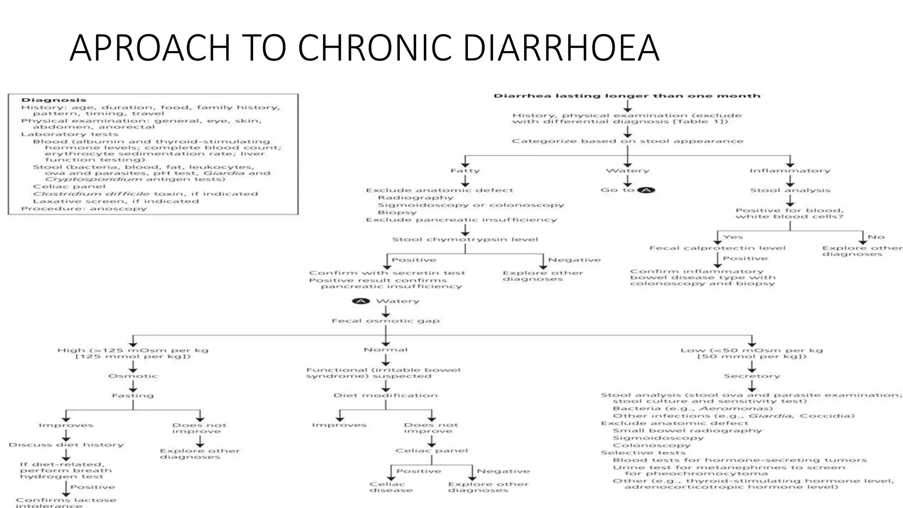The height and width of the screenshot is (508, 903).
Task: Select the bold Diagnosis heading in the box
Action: click(x=54, y=100)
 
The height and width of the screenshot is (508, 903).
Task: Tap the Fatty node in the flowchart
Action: click(x=465, y=171)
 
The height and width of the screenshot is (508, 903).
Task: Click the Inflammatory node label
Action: click(x=790, y=171)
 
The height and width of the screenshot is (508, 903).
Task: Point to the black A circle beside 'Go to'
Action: click(x=646, y=190)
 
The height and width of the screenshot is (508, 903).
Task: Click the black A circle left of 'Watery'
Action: click(x=361, y=301)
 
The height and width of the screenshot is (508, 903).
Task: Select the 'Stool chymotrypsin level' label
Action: click(x=465, y=239)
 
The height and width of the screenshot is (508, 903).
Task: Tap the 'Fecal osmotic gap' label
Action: click(x=386, y=321)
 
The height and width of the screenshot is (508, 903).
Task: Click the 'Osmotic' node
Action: click(x=133, y=376)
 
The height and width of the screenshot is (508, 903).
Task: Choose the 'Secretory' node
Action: click(x=752, y=376)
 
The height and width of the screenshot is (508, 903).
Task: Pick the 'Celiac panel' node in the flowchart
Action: click(x=431, y=451)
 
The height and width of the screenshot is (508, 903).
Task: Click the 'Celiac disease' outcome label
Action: click(x=391, y=487)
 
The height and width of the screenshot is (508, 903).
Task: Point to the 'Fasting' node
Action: click(x=133, y=396)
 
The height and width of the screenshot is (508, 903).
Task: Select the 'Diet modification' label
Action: click(x=386, y=396)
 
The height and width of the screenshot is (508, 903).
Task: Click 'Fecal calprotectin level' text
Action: click(x=717, y=248)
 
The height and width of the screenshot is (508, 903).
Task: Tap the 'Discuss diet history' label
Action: click(x=66, y=444)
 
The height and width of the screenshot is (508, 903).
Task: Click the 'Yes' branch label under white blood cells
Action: click(x=733, y=237)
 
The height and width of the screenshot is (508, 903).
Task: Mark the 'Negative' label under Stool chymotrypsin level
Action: click(x=574, y=260)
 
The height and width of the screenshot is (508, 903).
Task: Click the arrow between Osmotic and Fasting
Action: click(x=133, y=386)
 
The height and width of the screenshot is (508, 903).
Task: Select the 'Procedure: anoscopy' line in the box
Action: click(x=84, y=209)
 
